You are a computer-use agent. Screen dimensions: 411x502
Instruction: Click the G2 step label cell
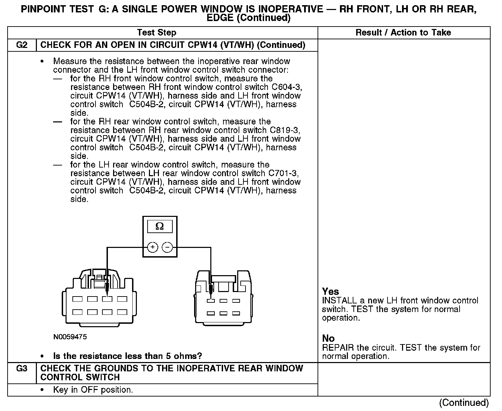[x=22, y=45]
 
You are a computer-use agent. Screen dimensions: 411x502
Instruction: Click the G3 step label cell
[x=22, y=369]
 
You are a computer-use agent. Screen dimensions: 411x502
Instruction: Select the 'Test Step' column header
[x=157, y=33]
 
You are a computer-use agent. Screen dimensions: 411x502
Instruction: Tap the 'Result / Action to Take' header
[x=403, y=33]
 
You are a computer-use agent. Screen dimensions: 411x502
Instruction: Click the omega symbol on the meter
[x=160, y=226]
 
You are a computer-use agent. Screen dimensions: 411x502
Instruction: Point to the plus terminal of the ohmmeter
[x=153, y=247]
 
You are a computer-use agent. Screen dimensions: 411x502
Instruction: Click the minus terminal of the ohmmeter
[x=167, y=247]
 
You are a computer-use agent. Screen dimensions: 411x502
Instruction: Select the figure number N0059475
[x=70, y=337]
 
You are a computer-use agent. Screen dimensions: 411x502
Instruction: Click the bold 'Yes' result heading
[x=330, y=291]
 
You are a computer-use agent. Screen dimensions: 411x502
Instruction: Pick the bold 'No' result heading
[x=328, y=338]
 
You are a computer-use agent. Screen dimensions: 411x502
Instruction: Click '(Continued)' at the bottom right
[x=464, y=403]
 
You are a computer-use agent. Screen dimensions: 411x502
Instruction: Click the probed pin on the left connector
[x=108, y=299]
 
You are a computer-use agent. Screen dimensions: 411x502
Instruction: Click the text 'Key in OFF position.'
[x=93, y=390]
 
